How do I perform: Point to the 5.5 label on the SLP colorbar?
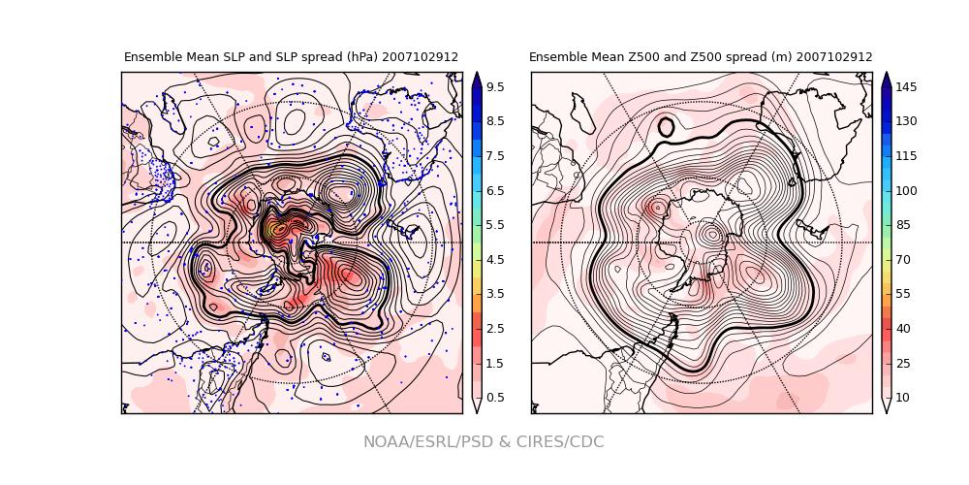click(x=494, y=225)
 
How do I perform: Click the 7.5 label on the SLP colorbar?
click(x=494, y=156)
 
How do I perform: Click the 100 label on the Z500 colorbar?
click(x=906, y=191)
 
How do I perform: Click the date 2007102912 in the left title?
click(x=420, y=57)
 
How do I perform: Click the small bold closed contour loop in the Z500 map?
click(x=666, y=127)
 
